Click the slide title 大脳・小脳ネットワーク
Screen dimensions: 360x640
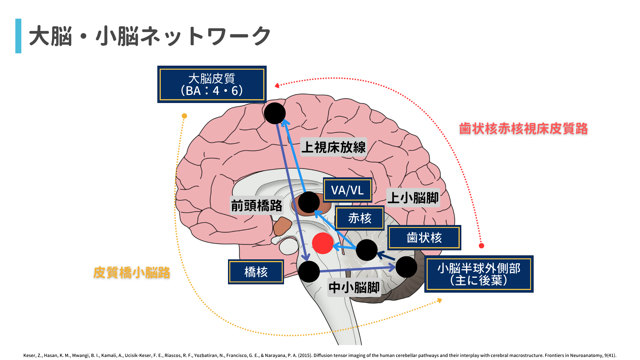point(150,36)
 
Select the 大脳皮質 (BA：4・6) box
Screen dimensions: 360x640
point(212,84)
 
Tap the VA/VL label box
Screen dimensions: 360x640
point(347,190)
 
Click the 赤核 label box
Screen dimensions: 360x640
point(360,218)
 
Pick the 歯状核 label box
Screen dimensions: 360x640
point(424,238)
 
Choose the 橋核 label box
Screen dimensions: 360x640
point(256,272)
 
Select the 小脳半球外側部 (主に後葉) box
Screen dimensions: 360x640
point(479,274)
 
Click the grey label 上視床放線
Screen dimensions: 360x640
point(333,147)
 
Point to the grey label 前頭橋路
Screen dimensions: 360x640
point(257,206)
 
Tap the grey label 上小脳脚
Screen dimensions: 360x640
point(413,198)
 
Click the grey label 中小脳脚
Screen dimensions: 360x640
point(354,287)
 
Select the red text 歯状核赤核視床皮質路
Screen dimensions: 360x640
point(523,129)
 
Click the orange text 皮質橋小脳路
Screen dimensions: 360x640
point(132,273)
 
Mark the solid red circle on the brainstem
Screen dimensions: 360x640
point(323,243)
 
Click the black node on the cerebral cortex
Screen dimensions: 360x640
point(275,113)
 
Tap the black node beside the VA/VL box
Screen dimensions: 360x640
point(309,202)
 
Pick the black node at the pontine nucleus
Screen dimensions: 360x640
point(309,271)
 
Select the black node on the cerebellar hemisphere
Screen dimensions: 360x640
point(406,267)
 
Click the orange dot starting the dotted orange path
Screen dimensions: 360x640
point(184,116)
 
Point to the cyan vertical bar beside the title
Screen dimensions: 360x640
point(18,36)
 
